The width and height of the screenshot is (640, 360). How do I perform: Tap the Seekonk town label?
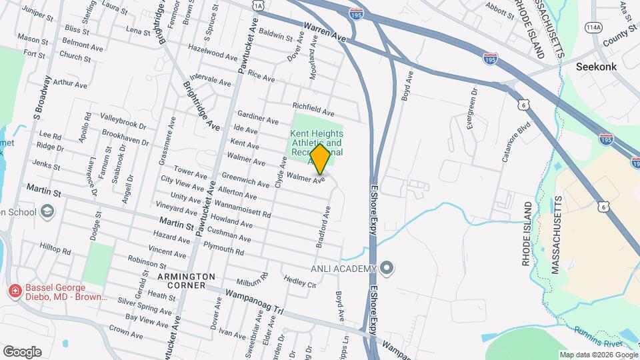[x=596, y=67]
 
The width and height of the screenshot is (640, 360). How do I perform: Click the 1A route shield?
[x=259, y=5]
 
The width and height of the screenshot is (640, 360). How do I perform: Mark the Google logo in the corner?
[x=21, y=351]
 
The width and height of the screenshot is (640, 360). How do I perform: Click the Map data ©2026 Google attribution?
[x=597, y=355]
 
